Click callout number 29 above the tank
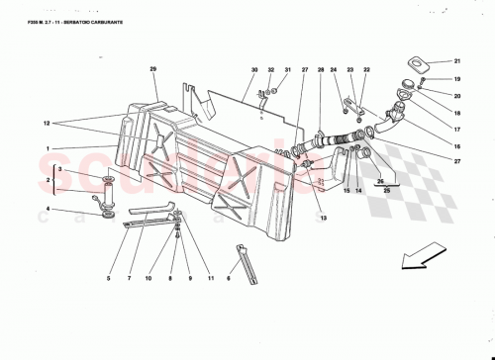pyautogui.click(x=153, y=68)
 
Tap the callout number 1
pyautogui.click(x=46, y=149)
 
